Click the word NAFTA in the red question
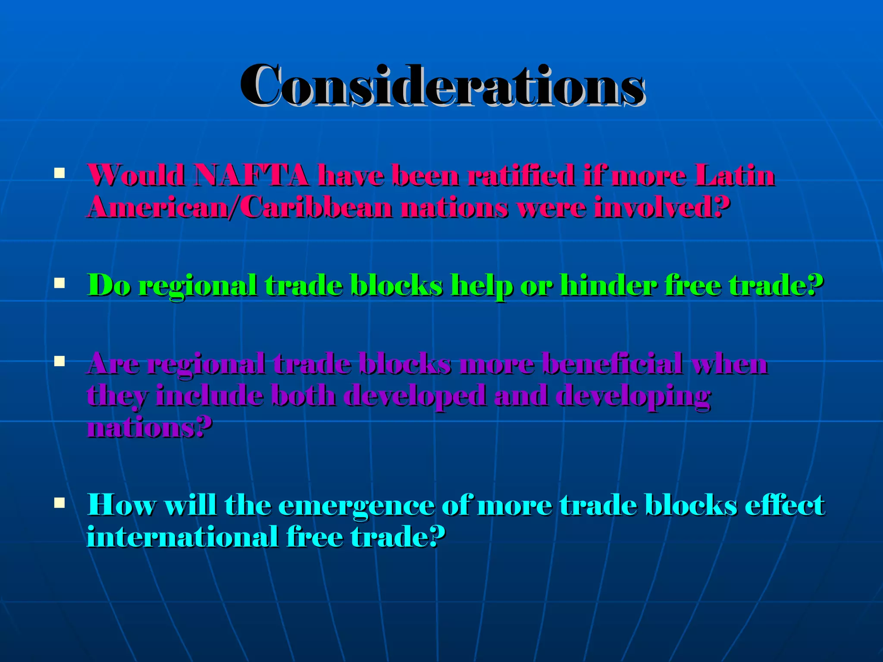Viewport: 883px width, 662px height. [251, 176]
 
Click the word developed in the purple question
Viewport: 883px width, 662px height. [415, 397]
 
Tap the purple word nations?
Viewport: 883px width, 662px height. [149, 428]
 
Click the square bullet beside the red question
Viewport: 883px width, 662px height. [59, 174]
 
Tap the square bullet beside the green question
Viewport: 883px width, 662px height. [59, 283]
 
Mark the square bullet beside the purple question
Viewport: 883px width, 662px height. [59, 361]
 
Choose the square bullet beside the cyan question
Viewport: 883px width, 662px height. [59, 503]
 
